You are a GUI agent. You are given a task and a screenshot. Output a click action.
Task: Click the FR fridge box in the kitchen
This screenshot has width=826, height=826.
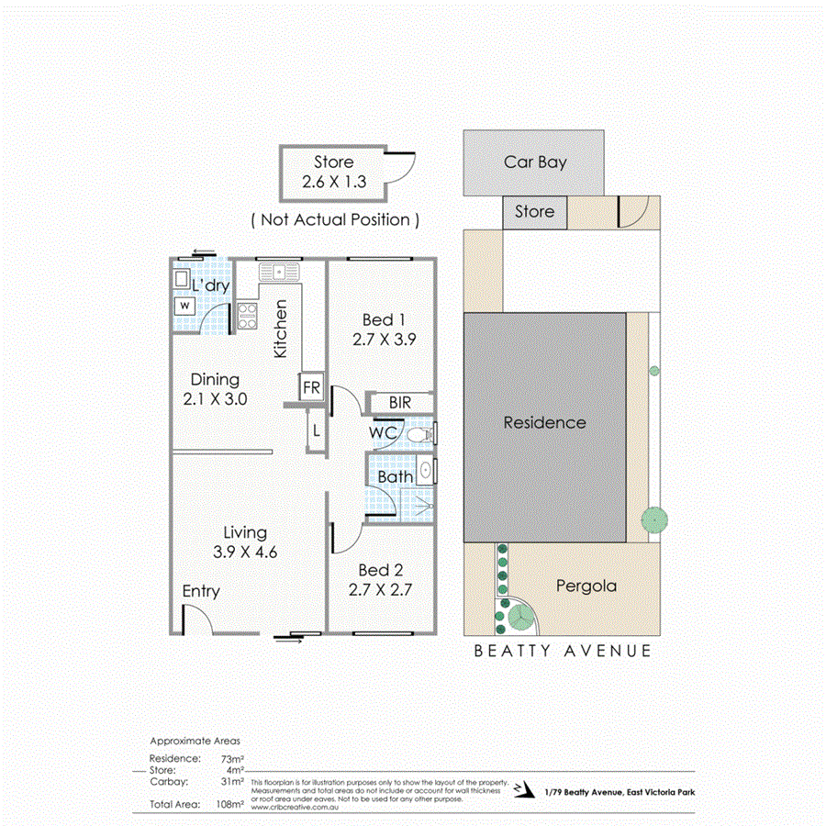pos(311,387)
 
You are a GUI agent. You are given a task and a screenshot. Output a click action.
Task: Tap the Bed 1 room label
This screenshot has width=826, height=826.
pos(384,319)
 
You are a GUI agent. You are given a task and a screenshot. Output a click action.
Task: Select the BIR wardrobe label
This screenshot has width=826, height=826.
pos(399,402)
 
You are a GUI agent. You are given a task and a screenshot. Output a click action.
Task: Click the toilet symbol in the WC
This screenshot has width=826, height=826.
pos(423,433)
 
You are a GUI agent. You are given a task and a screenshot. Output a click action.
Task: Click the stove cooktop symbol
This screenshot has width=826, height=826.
pos(247,316)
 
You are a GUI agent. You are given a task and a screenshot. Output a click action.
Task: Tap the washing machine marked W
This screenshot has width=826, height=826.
pos(185,305)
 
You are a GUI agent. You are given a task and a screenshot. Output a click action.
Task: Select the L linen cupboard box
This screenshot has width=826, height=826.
pos(315,429)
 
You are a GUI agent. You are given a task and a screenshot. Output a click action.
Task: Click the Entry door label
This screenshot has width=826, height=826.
pos(200,591)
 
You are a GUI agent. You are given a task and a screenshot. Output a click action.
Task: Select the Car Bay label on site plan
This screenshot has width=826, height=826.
pos(535,162)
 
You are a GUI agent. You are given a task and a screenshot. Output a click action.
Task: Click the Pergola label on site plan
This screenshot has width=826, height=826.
pos(586,586)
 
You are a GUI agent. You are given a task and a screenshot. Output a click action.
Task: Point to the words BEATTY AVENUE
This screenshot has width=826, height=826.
pos(562,651)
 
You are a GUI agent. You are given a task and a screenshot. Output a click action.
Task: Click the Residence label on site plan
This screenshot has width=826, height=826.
pos(544,422)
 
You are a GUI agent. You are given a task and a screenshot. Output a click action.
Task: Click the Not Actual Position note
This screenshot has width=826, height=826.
pos(336,219)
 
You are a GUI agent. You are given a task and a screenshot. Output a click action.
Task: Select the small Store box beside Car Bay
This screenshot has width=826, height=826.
pos(534,212)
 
